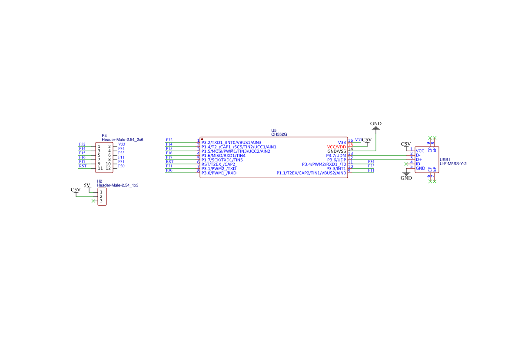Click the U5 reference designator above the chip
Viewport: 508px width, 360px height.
[274, 130]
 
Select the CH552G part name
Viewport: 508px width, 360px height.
[279, 135]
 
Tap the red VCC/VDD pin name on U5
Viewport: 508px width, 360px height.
[336, 147]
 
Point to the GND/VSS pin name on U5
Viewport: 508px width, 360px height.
[336, 151]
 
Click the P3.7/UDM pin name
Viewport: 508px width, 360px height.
[336, 156]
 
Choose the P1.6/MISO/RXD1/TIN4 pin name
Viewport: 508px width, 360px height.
[223, 156]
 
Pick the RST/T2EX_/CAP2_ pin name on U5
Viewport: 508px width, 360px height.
[219, 164]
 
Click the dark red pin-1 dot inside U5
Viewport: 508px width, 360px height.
[202, 139]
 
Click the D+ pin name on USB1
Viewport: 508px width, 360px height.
[419, 160]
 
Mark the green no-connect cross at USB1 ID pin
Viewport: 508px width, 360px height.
[406, 164]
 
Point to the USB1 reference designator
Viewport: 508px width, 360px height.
[445, 160]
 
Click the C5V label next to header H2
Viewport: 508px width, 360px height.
[76, 190]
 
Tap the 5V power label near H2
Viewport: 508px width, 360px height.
[87, 186]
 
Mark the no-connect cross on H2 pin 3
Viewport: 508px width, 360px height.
[93, 201]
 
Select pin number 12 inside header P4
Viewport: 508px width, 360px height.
[109, 168]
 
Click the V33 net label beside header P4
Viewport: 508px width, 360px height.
[122, 144]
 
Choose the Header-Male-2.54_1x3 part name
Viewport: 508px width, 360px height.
[117, 185]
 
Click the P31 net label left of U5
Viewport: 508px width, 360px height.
[169, 166]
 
